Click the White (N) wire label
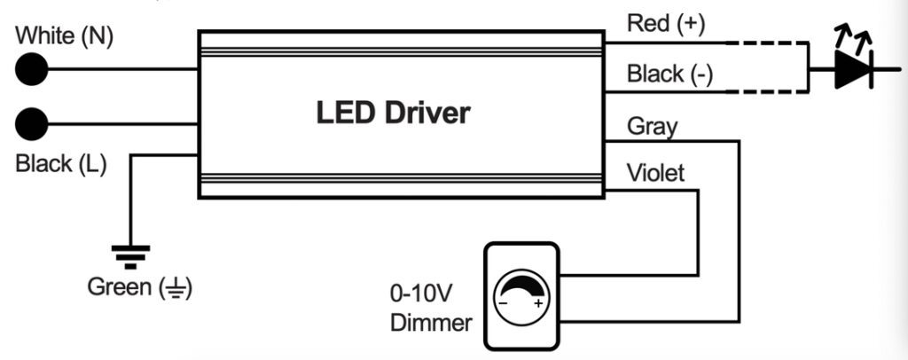pyautogui.click(x=65, y=36)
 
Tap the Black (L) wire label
pyautogui.click(x=61, y=164)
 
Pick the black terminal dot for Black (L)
pyautogui.click(x=31, y=121)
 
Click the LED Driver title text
pyautogui.click(x=393, y=113)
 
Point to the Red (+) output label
pyautogui.click(x=665, y=24)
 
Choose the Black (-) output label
pyautogui.click(x=669, y=74)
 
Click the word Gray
pyautogui.click(x=652, y=125)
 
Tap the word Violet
pyautogui.click(x=655, y=172)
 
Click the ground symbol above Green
pyautogui.click(x=130, y=255)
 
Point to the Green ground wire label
pyautogui.click(x=139, y=287)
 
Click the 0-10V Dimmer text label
pyautogui.click(x=430, y=308)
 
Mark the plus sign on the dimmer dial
pyautogui.click(x=537, y=302)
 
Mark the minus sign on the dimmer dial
pyautogui.click(x=503, y=302)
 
